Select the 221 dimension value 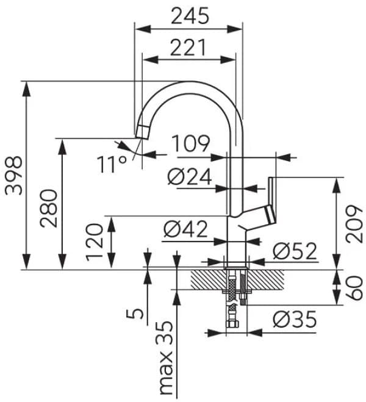coord(188,47)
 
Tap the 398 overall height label coord(13,175)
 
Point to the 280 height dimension coord(50,207)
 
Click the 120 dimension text coord(95,242)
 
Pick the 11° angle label coord(111,164)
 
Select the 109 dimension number coord(190,144)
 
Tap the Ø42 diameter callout coord(186,231)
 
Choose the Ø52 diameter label coord(295,250)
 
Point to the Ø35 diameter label coord(295,318)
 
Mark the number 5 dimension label coord(138,314)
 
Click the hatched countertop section coord(204,281)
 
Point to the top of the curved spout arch coord(189,84)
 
